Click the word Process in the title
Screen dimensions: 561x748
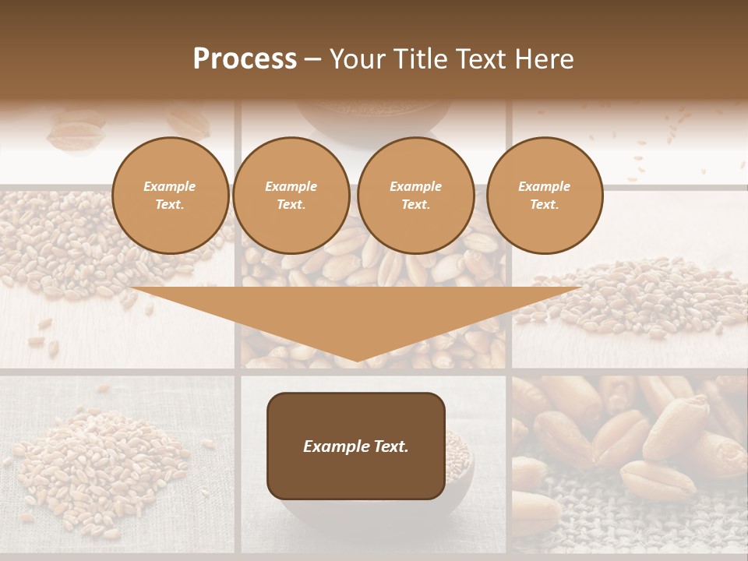coord(245,59)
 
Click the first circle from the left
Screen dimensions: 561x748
coord(171,196)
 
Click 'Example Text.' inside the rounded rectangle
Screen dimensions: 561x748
coord(356,446)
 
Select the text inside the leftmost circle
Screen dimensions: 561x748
coord(170,196)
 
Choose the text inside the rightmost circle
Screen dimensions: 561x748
coord(545,196)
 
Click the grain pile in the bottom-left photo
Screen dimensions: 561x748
coord(101,460)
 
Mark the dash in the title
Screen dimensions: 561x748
coord(313,60)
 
